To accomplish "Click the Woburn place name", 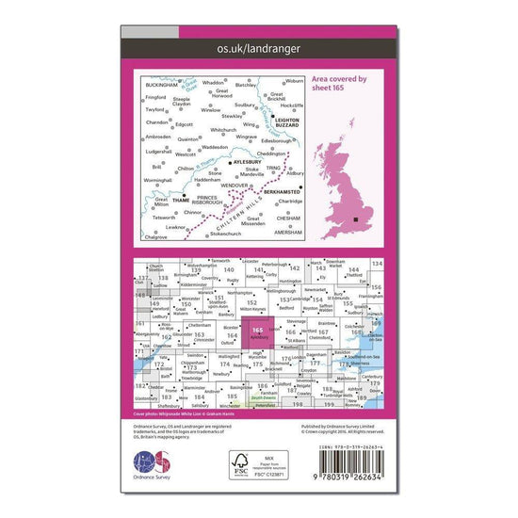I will (295, 82).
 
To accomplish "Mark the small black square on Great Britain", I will (355, 219).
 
